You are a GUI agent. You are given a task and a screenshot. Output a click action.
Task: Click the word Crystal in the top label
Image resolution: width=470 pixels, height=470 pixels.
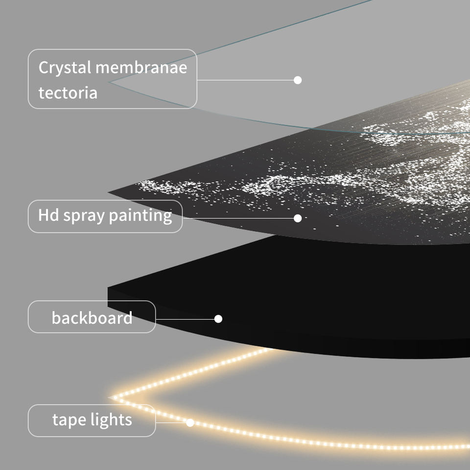(x=65, y=68)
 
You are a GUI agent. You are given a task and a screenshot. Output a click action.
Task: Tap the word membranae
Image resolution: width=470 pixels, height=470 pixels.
(x=141, y=67)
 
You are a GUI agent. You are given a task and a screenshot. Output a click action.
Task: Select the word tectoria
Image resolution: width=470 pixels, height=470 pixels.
(x=68, y=93)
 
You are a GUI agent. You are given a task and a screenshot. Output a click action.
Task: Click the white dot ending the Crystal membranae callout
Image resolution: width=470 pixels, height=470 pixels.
(x=298, y=80)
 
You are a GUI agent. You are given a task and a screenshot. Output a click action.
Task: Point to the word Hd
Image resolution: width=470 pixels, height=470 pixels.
(x=48, y=215)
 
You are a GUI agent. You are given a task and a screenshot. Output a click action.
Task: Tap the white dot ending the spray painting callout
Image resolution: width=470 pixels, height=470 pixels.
(x=298, y=218)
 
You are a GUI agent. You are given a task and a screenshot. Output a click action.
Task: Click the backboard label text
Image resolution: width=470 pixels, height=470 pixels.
(x=92, y=318)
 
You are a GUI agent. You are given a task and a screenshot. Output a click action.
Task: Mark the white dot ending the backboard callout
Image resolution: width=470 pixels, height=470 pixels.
(x=218, y=319)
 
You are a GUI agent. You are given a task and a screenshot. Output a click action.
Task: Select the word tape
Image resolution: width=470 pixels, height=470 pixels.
(x=70, y=420)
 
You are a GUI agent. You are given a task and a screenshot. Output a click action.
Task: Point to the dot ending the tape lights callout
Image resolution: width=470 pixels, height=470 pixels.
(x=190, y=422)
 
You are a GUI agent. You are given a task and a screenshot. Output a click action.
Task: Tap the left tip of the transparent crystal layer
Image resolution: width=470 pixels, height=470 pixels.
(x=110, y=82)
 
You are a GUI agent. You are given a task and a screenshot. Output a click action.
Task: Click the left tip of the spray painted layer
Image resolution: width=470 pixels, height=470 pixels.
(x=109, y=192)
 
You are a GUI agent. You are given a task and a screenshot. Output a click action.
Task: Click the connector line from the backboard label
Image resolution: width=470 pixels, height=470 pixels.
(x=186, y=319)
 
